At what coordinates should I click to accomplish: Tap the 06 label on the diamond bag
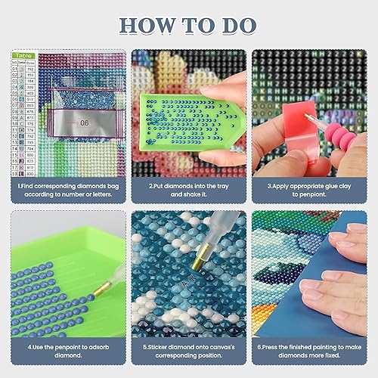85,120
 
